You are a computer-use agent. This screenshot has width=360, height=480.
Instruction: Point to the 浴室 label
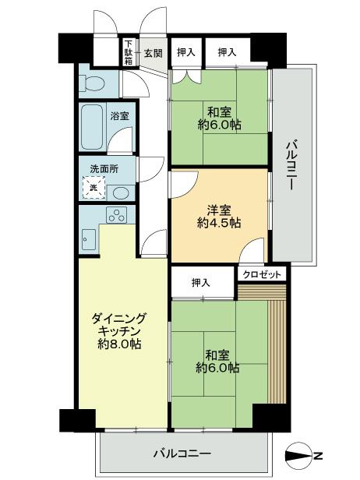(119, 116)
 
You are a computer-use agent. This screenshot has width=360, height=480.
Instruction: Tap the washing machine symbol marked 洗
(93, 187)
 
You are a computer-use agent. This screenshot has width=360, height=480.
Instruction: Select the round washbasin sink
(120, 191)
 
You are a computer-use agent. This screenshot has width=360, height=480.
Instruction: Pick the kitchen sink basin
(86, 238)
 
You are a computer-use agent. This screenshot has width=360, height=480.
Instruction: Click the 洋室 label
(218, 209)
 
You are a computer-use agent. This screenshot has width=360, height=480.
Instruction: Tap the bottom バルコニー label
(182, 453)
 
